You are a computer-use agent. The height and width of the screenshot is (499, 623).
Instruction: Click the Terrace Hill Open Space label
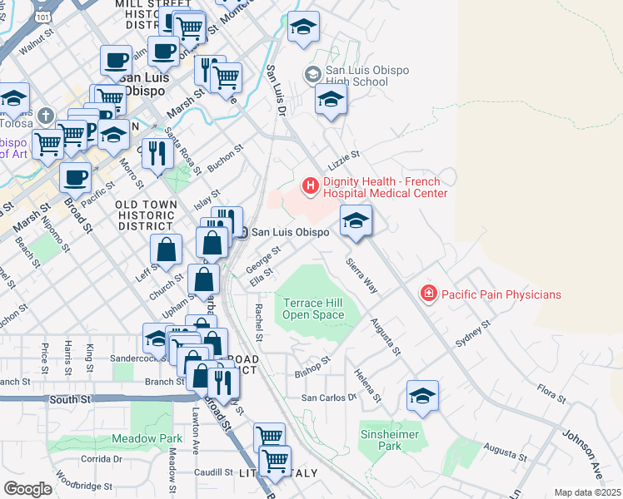tap(313, 309)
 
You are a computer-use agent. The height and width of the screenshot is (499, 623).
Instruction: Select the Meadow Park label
tap(148, 438)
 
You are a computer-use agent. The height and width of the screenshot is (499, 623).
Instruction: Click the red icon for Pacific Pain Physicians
tap(428, 294)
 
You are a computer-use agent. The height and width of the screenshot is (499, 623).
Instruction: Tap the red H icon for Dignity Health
tap(310, 185)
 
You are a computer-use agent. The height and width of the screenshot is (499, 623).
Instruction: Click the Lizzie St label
tap(343, 155)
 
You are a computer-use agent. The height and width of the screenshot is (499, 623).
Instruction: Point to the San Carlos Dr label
tap(328, 398)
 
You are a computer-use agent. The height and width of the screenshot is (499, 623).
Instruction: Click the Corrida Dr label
tap(102, 458)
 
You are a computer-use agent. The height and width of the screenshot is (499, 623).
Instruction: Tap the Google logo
tap(27, 489)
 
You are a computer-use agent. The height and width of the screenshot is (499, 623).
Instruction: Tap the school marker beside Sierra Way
tap(356, 221)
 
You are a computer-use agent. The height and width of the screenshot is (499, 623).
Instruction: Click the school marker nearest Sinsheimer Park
tap(422, 396)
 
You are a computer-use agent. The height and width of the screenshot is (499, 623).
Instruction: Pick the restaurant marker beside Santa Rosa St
tap(157, 151)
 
